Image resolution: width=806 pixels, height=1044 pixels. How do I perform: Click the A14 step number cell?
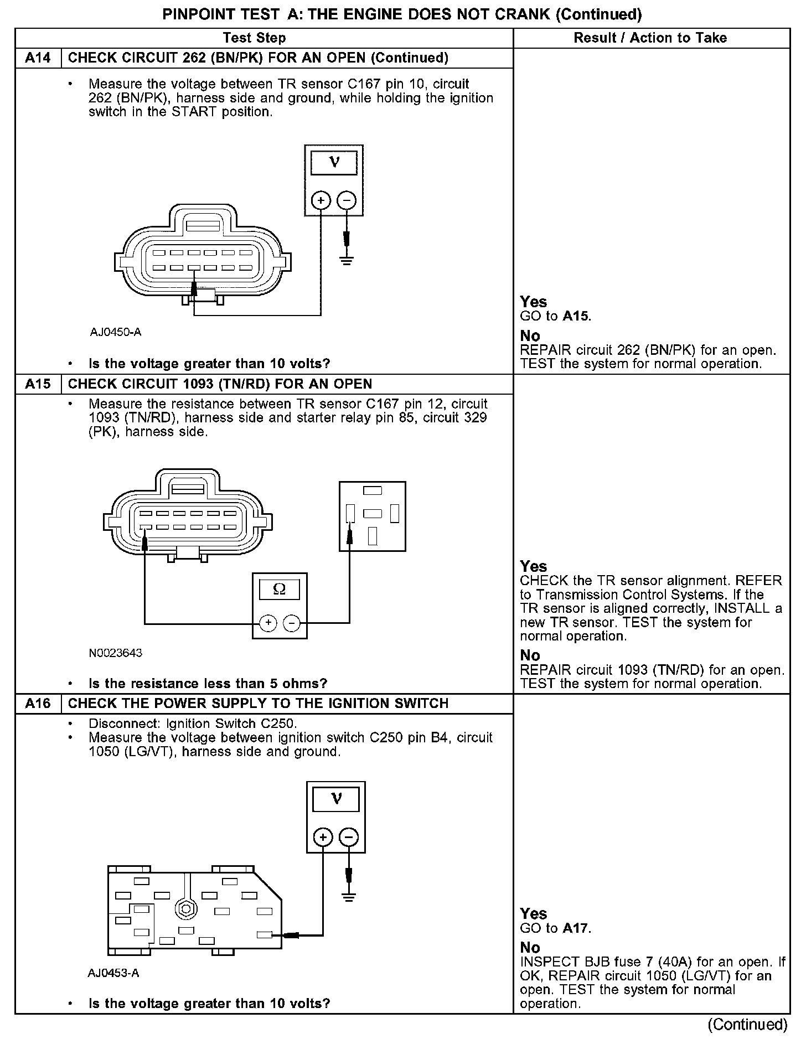pos(38,58)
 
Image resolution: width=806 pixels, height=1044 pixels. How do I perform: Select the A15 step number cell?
pos(38,384)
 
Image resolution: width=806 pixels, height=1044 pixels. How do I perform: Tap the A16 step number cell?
pos(38,704)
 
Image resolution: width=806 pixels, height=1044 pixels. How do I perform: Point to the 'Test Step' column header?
pos(254,38)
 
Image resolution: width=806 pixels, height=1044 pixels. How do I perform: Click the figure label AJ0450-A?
pos(116,332)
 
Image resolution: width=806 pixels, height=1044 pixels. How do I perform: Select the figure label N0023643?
pos(116,653)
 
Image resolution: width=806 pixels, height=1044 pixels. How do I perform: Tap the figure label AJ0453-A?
pos(113,973)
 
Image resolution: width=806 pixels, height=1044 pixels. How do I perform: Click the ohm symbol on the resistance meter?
pos(280,590)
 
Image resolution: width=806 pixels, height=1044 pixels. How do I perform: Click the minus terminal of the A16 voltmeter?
pos(348,837)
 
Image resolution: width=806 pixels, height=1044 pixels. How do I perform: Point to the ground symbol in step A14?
pos(347,260)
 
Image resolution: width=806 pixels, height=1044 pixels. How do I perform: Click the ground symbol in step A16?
pos(349,897)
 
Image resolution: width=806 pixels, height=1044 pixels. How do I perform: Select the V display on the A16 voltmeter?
pos(336,799)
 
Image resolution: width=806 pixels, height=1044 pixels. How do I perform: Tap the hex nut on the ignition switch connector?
pos(184,909)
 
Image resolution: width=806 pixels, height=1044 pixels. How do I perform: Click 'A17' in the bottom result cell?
pos(576,928)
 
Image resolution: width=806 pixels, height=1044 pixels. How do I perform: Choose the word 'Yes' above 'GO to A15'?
pos(533,302)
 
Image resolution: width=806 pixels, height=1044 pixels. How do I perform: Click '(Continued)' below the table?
pos(747,1025)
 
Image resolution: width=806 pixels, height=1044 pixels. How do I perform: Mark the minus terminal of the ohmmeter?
pos(292,623)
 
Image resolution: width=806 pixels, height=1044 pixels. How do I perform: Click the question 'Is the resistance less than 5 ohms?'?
pos(208,684)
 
